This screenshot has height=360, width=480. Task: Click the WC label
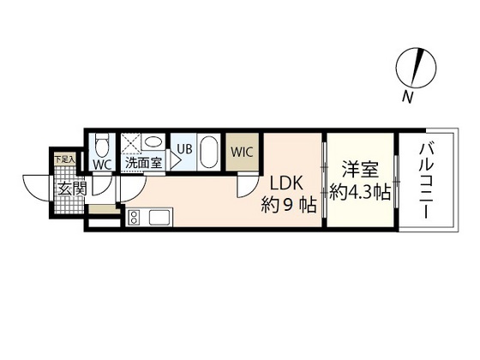click(x=100, y=163)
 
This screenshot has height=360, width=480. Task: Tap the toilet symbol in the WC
click(x=100, y=143)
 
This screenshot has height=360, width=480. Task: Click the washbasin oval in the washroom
click(x=153, y=142)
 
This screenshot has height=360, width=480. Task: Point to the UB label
click(x=183, y=147)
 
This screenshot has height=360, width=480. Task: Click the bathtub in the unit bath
click(x=208, y=153)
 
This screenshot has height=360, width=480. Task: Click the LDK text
click(x=286, y=183)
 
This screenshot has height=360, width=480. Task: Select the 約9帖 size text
click(x=288, y=206)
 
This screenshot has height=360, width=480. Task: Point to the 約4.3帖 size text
click(x=360, y=193)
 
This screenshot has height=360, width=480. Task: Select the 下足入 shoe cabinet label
click(x=64, y=159)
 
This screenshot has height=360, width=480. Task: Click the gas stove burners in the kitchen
click(x=136, y=219)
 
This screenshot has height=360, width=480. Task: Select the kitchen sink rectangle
click(x=160, y=218)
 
